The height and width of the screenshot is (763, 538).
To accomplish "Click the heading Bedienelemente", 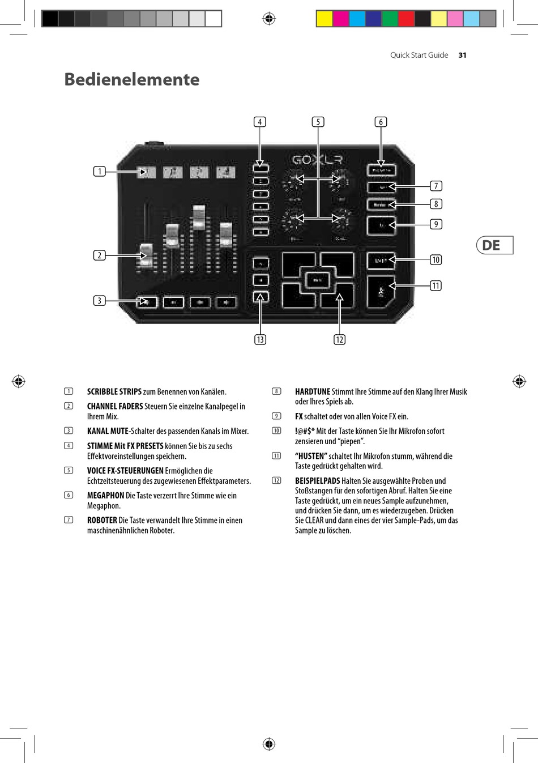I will click(131, 79).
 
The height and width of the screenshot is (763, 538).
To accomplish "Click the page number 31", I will click(462, 55).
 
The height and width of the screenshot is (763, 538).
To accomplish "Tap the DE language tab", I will click(494, 245).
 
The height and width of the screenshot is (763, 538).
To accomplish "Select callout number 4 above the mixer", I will click(260, 122).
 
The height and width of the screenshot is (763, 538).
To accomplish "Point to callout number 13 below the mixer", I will click(260, 339).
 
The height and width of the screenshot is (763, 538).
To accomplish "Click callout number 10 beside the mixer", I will click(435, 259).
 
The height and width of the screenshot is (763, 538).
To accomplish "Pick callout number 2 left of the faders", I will click(100, 255).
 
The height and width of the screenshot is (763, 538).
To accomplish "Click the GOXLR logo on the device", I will click(317, 160).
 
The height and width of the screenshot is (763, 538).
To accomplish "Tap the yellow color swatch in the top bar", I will click(324, 19).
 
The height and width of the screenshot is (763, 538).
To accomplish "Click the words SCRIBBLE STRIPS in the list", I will click(114, 391).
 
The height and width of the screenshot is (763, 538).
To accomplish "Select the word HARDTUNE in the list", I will click(312, 391).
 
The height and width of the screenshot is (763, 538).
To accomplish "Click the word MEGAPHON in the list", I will click(105, 496).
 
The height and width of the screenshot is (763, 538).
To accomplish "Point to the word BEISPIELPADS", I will click(317, 481).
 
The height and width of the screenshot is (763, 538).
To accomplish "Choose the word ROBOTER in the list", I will click(102, 520).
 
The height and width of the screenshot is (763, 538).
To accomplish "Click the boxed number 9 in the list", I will click(276, 416).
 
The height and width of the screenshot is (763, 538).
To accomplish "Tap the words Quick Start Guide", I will click(419, 55).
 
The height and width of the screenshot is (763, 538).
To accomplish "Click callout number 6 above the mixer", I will click(381, 122).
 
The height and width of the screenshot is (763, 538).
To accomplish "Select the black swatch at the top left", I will click(50, 19).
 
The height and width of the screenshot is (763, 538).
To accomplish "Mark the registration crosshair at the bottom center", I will click(269, 744).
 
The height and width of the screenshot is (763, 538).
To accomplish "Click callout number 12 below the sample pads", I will click(339, 339).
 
